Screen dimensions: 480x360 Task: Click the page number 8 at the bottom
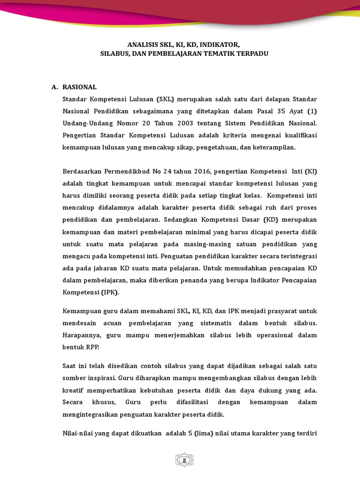184,460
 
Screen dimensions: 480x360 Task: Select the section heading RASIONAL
79,87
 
